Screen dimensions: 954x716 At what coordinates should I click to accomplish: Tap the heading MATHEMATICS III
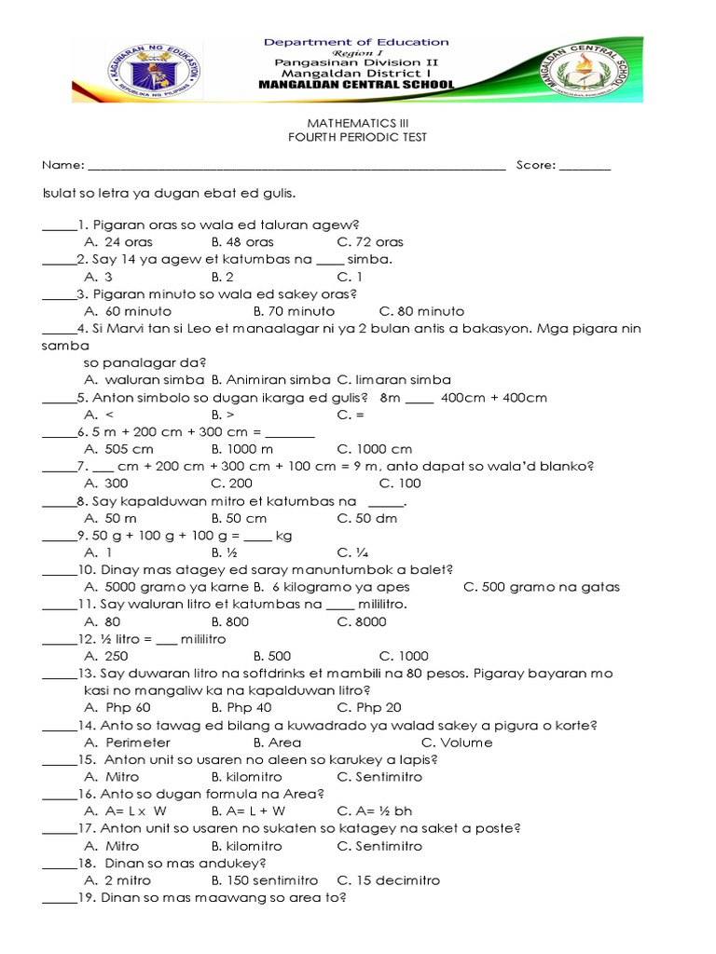pos(356,122)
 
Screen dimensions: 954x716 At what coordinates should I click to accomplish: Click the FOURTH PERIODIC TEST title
pos(356,138)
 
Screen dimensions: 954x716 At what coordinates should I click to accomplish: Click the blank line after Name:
pos(295,167)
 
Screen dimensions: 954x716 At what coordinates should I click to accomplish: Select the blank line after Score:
pos(585,167)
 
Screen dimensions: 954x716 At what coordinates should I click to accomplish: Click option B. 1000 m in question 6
pos(241,449)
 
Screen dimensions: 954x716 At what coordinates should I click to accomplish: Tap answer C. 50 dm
pos(366,518)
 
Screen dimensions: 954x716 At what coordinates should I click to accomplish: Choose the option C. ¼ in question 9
pos(351,552)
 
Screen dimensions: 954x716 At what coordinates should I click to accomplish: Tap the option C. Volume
pos(457,743)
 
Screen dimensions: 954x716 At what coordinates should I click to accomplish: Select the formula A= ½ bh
pos(379,811)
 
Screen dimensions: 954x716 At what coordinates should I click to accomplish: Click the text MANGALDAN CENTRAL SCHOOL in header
pos(356,85)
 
